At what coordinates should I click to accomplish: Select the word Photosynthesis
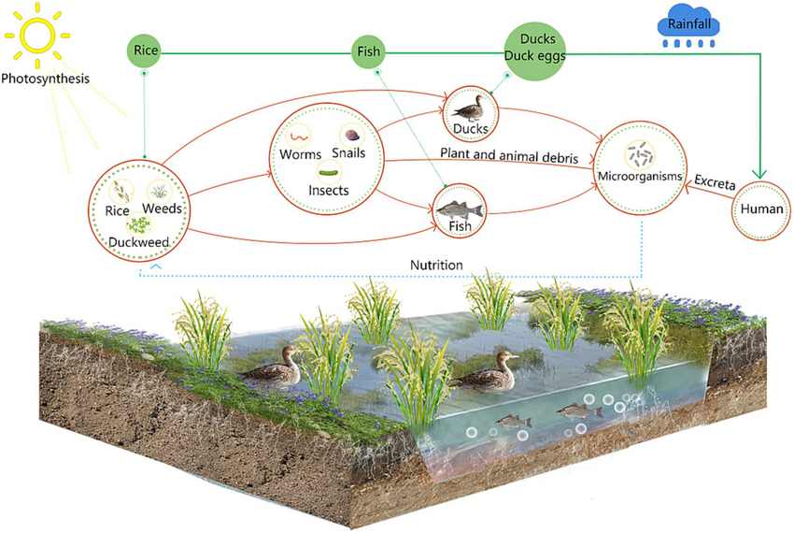click(45, 79)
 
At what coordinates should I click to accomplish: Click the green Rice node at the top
click(145, 50)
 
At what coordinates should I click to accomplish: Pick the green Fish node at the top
click(368, 51)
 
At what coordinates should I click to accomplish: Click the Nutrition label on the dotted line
click(436, 266)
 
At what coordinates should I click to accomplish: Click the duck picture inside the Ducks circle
click(473, 106)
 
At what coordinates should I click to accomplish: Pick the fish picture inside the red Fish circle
click(464, 207)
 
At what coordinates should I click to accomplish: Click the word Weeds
click(163, 208)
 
